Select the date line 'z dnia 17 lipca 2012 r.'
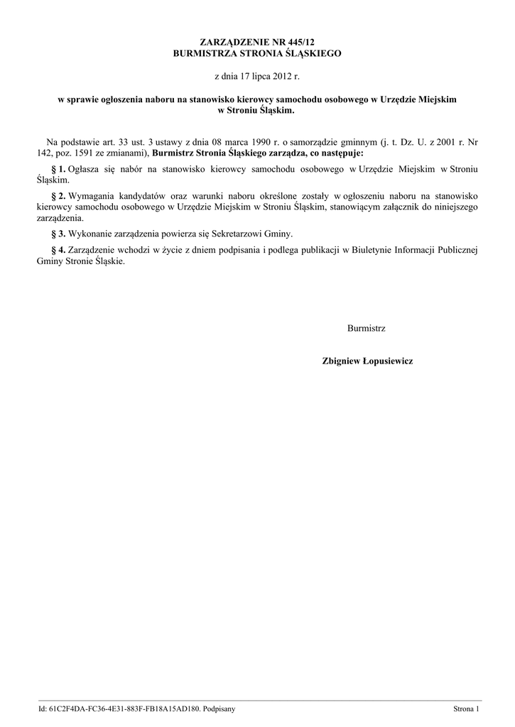tap(257, 75)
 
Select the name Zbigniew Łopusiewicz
tap(367, 361)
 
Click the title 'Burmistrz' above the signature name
tap(367, 329)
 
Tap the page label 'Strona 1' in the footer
tap(467, 709)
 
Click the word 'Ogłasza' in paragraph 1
tap(83, 169)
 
